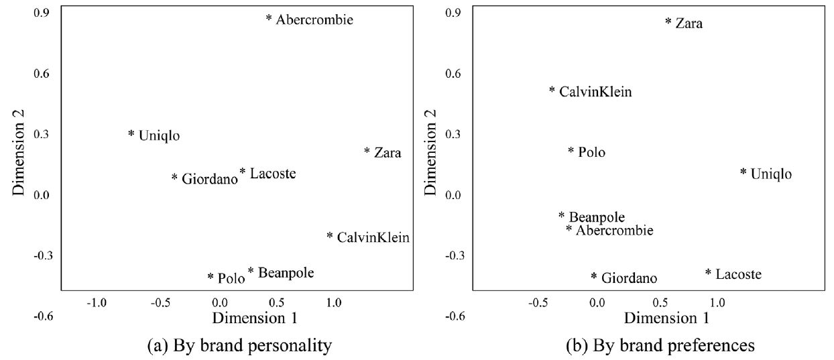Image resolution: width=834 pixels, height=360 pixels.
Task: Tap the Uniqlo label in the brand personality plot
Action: pos(159,135)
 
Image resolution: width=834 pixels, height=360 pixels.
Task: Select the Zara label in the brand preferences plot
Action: pos(689,24)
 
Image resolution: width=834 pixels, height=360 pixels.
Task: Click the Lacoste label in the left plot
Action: pos(272,174)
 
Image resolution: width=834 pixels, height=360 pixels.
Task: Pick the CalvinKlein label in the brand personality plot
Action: pos(373,237)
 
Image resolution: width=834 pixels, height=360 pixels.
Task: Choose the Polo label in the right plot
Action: pos(591,153)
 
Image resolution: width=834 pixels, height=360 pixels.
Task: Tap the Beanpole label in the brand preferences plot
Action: pos(597,217)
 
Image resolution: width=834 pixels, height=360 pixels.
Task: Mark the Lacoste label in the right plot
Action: pos(738,274)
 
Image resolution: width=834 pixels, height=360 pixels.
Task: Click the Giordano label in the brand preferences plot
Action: pos(629,278)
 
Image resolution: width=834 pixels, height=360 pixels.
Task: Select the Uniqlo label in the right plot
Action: pos(771,174)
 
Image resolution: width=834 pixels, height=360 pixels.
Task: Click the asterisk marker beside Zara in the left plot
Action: pos(367,152)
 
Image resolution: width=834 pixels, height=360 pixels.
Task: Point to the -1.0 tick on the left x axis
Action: pos(97,303)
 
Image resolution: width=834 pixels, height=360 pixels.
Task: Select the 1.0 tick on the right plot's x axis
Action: pos(717,303)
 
